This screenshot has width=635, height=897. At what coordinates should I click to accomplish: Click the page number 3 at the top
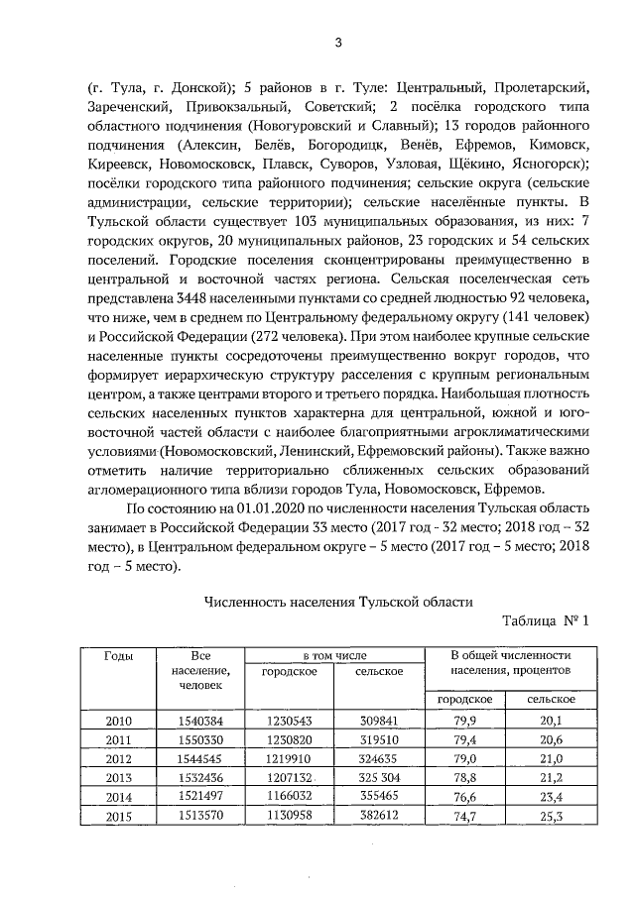[x=336, y=42]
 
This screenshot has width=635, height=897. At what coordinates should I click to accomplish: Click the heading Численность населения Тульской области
[x=337, y=600]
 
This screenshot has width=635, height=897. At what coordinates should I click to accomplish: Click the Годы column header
[x=119, y=656]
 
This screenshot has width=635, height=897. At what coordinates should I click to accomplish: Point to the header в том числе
[x=334, y=656]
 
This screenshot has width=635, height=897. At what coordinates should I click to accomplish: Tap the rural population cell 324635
[x=379, y=758]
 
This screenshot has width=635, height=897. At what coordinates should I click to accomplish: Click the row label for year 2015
[x=119, y=815]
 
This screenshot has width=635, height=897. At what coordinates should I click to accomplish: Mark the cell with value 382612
[x=379, y=815]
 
